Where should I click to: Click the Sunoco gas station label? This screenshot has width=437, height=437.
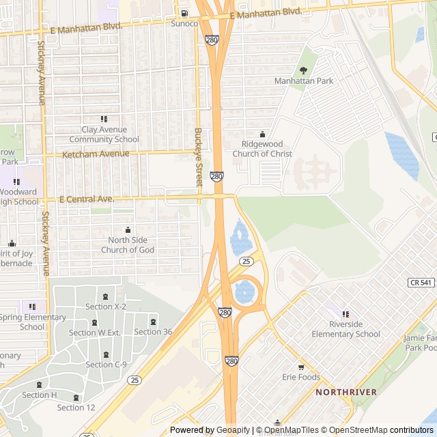click(184, 24)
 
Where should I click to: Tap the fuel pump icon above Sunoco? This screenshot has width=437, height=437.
click(184, 13)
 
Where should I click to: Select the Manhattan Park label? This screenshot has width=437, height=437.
click(304, 81)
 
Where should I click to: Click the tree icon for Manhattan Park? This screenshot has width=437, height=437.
click(304, 70)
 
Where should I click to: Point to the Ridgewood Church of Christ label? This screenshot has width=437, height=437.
click(262, 149)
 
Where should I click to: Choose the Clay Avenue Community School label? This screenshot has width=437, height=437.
click(104, 135)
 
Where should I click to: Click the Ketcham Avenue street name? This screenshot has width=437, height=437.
click(96, 154)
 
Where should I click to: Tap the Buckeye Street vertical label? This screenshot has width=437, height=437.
click(199, 158)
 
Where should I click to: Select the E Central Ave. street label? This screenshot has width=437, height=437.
click(86, 199)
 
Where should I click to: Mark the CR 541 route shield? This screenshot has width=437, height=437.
click(421, 282)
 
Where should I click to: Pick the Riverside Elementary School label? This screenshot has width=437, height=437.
click(346, 329)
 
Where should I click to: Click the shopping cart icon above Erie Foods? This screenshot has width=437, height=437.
click(301, 367)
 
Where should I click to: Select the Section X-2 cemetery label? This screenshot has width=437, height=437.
click(106, 307)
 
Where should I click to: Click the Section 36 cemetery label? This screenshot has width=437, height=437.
click(153, 332)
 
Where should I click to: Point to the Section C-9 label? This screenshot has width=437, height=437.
click(106, 365)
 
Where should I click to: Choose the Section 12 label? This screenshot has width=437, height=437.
click(76, 408)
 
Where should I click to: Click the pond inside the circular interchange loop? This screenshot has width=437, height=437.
click(244, 293)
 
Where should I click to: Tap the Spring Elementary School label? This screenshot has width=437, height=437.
click(32, 322)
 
